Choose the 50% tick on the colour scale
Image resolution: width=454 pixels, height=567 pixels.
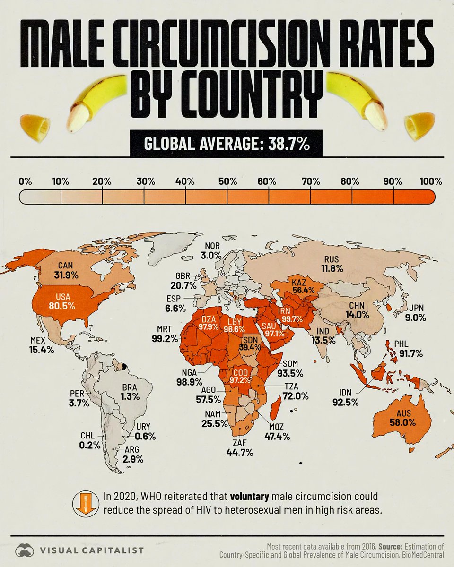[227, 181]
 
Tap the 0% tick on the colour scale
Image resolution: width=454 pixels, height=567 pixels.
[25, 181]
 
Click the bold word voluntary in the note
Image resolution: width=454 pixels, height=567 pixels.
[253, 498]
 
